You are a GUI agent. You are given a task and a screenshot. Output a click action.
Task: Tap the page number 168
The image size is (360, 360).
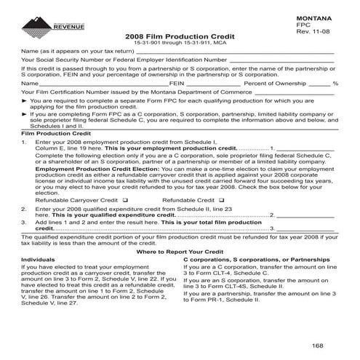(318, 344)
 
